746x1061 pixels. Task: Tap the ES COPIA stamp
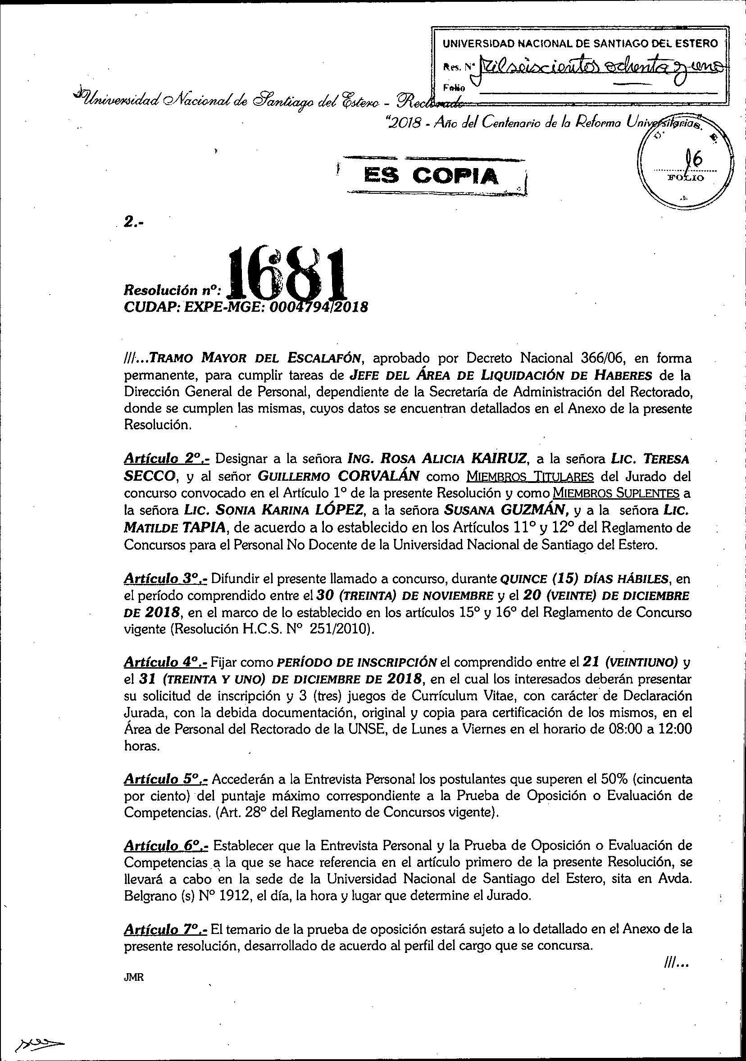click(x=432, y=176)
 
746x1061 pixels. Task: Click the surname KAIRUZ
click(x=499, y=460)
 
